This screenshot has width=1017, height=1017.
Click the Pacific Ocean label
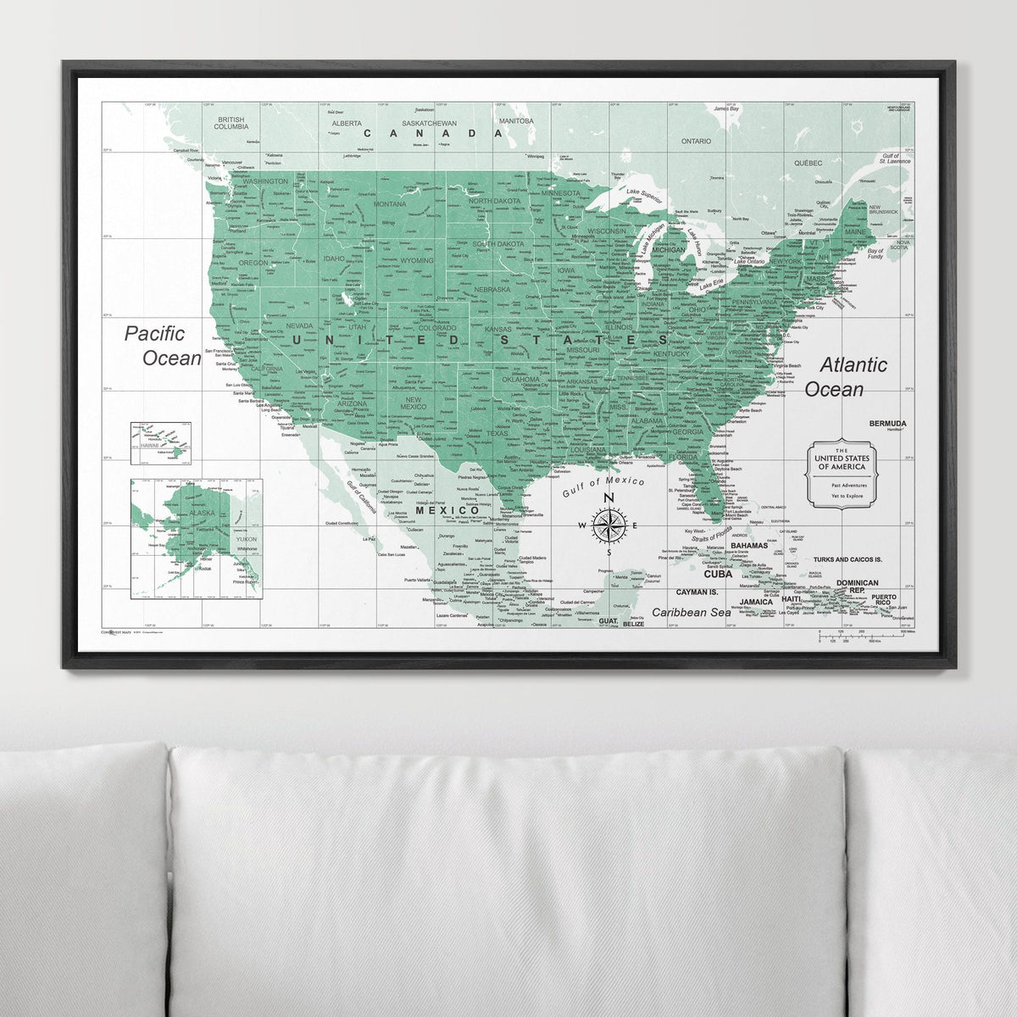[x=163, y=345]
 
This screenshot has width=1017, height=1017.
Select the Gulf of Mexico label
[x=603, y=487]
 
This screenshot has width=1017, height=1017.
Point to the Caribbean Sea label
[x=691, y=611]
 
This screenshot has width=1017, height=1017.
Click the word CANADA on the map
[x=433, y=133]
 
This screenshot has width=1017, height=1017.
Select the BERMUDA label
[x=887, y=423]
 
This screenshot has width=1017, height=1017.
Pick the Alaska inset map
[x=196, y=538]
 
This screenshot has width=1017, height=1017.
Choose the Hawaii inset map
[x=160, y=443]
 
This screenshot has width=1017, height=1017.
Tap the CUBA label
[x=716, y=573]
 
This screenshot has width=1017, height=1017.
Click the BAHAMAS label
[x=749, y=545]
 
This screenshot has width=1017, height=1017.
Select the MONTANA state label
[x=390, y=203]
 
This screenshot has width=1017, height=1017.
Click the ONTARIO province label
[x=696, y=141]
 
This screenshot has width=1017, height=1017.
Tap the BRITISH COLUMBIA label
[x=231, y=124]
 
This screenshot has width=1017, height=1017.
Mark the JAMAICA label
[x=756, y=602]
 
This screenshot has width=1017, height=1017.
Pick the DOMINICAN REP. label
[x=857, y=586]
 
